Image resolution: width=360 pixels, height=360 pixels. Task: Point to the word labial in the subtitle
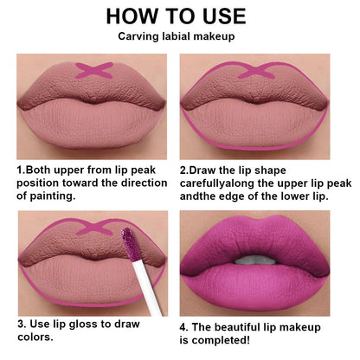pyautogui.click(x=181, y=38)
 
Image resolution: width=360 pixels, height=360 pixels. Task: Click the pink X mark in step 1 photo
pyautogui.click(x=93, y=69)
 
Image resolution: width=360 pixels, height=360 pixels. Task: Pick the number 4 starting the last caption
pyautogui.click(x=183, y=327)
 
